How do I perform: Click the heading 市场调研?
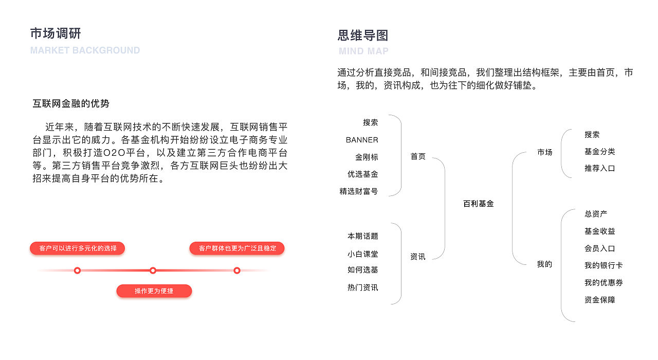point(56,33)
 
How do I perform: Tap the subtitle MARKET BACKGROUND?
point(85,50)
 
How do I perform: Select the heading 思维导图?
point(363,35)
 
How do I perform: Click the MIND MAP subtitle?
point(363,51)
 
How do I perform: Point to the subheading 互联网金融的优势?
point(71,103)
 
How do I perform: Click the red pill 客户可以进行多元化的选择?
point(78,248)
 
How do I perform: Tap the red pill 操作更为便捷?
point(154,291)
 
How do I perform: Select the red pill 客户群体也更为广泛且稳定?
point(237,248)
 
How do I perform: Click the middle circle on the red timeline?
point(153,271)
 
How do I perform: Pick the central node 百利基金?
point(478,204)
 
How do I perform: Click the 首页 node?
point(418,156)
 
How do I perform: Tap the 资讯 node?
point(418,257)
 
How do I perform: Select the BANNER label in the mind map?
point(362,140)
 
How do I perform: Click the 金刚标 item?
point(367,157)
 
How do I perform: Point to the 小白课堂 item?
point(363,254)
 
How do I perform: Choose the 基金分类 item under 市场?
point(599,152)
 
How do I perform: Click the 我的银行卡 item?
point(604,265)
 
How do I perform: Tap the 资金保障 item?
point(599,300)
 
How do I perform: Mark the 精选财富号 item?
point(359,191)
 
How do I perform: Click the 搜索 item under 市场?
point(592,135)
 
